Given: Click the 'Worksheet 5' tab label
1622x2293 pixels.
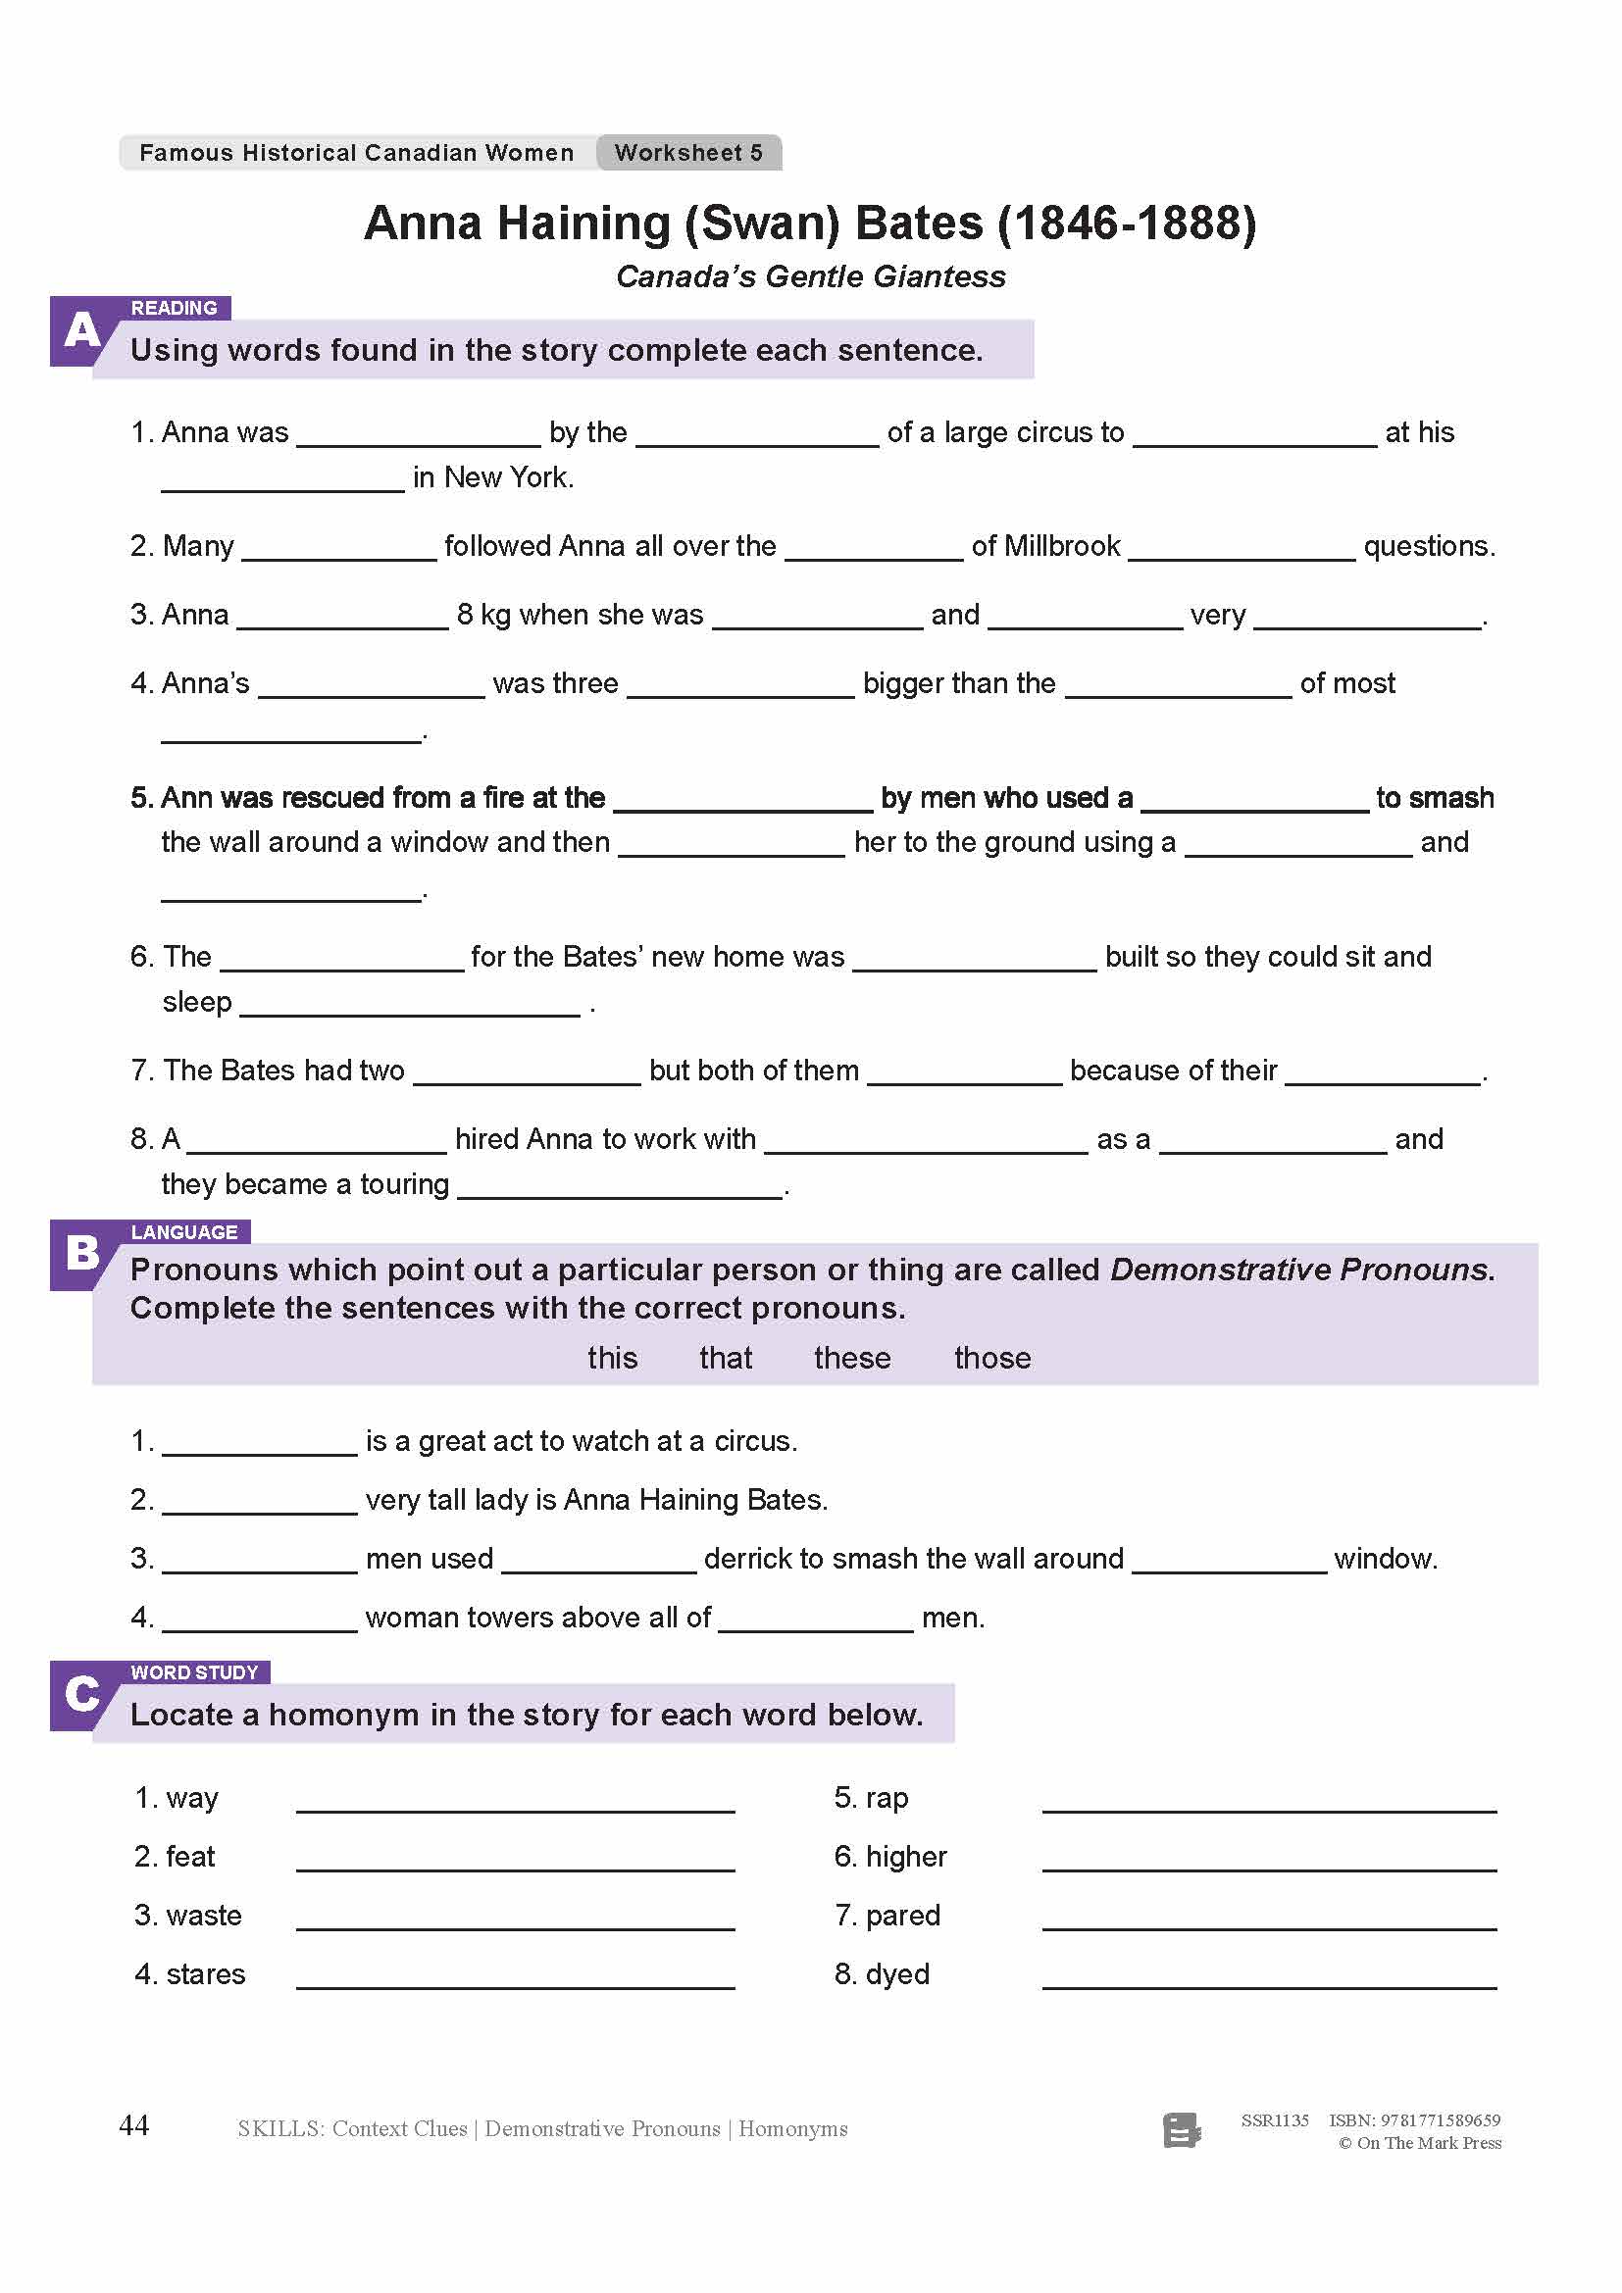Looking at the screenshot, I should tap(688, 153).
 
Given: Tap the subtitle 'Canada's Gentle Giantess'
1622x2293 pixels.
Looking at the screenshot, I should tap(810, 276).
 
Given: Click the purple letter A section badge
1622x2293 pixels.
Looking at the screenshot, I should tap(79, 330).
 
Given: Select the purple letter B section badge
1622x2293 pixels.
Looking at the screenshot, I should tap(79, 1254).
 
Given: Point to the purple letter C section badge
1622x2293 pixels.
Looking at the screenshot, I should tap(79, 1694).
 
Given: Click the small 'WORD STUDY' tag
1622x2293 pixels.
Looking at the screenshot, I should tap(195, 1671).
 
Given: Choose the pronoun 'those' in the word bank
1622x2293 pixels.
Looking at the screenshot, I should tap(991, 1358).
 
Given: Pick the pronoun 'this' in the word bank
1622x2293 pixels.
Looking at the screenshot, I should tap(612, 1358).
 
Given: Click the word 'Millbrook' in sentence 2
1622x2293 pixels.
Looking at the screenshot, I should tap(1062, 546).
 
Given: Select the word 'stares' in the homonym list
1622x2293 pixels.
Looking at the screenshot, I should tap(206, 1974).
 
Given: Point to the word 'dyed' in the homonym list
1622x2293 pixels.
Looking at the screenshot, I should tap(897, 1974).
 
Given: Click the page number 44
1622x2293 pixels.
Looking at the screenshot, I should tap(133, 2125).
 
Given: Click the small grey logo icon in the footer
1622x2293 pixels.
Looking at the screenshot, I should tap(1182, 2130).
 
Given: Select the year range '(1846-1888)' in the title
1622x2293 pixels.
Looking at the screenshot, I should tap(1127, 223).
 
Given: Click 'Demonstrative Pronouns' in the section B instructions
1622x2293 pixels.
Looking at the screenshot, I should tap(1301, 1270).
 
